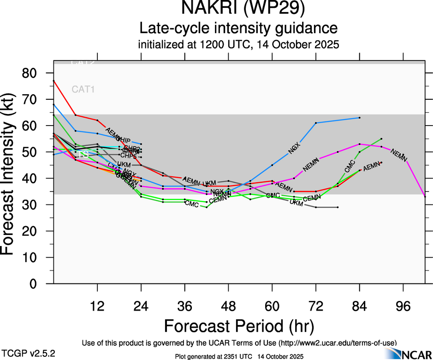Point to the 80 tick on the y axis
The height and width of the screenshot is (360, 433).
[37, 73]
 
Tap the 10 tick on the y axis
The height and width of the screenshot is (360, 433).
[37, 258]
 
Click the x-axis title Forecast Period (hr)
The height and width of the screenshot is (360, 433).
[239, 326]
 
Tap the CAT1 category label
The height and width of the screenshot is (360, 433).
[83, 90]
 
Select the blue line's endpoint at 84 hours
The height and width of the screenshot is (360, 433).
[359, 118]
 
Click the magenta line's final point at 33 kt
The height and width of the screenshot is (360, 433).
[425, 197]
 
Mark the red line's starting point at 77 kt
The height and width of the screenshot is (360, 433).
[53, 81]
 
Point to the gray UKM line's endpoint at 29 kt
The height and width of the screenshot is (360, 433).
[338, 207]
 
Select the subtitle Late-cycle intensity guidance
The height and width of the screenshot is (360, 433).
[239, 28]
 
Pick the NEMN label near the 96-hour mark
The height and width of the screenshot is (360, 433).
[399, 155]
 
